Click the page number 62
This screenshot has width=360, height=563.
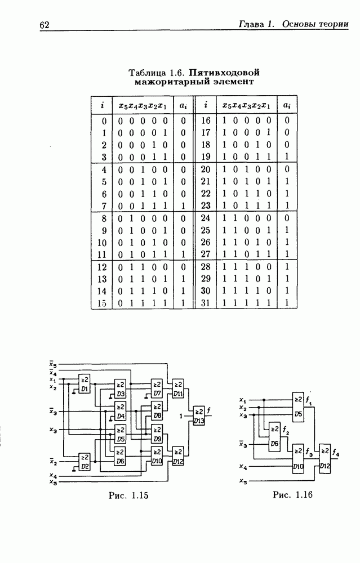[x=45, y=25]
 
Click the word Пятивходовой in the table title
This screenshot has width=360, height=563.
[x=224, y=73]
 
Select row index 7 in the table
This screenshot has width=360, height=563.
[x=104, y=206]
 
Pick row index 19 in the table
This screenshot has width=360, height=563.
[x=206, y=157]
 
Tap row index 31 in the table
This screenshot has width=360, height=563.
[x=206, y=303]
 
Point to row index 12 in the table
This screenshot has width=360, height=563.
[x=103, y=267]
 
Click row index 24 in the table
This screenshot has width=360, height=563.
[x=206, y=218]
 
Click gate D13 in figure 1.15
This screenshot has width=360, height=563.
[x=199, y=416]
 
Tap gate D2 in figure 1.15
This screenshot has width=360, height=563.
[x=85, y=462]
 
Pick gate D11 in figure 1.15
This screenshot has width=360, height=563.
[x=177, y=388]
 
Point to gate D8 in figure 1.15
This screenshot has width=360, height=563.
[x=157, y=411]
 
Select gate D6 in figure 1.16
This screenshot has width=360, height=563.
[x=274, y=437]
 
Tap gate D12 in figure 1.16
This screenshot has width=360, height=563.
[x=325, y=459]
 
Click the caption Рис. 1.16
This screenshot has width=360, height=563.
[x=292, y=495]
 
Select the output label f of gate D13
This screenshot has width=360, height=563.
[x=209, y=410]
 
